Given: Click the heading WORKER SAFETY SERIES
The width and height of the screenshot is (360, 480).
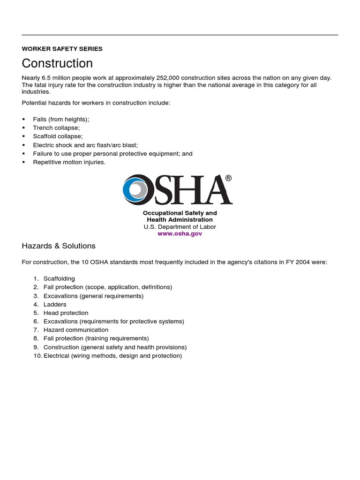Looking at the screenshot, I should (62, 49).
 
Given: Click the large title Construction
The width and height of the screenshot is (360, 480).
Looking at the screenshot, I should (57, 63).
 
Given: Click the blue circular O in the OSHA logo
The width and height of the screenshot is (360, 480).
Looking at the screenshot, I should (138, 189).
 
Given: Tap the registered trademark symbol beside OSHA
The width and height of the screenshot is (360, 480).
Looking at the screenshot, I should (228, 178).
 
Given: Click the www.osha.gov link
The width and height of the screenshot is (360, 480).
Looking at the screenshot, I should (180, 233).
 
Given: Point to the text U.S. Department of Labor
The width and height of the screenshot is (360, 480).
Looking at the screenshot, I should (180, 226).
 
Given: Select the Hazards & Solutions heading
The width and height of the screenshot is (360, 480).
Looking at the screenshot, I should (59, 246).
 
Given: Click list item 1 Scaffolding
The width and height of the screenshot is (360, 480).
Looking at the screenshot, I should (59, 279).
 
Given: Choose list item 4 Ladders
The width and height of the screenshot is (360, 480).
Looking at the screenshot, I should (55, 304).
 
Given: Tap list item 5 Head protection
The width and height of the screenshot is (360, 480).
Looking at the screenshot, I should (66, 313).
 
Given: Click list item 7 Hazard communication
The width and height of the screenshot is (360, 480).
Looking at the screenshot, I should (75, 330).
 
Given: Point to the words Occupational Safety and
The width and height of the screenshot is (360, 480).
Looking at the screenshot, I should (180, 213).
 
